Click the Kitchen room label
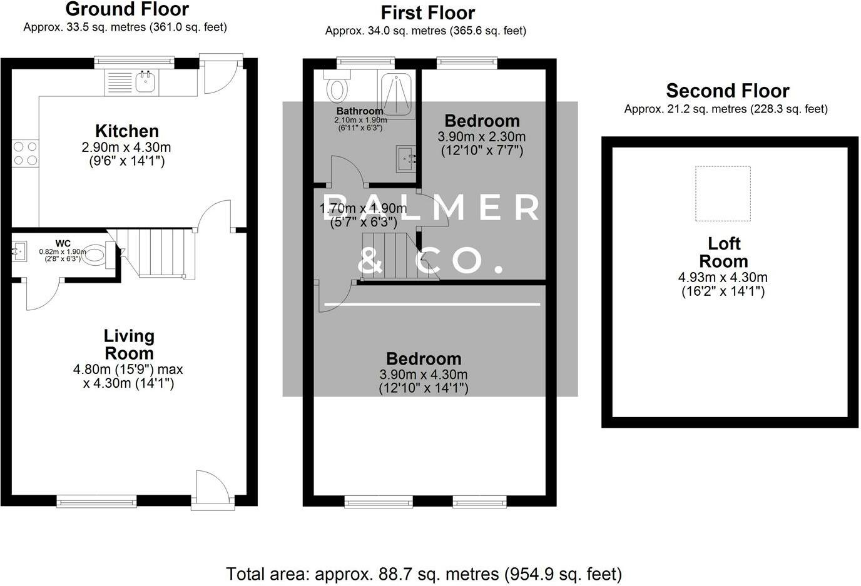(127, 131)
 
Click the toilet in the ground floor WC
(95, 255)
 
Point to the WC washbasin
(19, 252)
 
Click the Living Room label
(129, 345)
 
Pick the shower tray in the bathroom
(397, 94)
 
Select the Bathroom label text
(360, 111)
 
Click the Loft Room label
(723, 252)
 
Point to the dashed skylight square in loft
(723, 193)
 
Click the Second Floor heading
(727, 91)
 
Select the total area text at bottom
(424, 573)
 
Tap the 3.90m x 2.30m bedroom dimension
(482, 136)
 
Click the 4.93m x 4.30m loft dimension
(723, 277)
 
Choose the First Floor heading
(427, 13)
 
